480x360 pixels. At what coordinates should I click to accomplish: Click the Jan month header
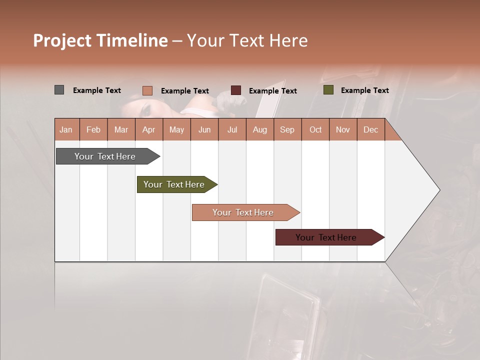(x=66, y=129)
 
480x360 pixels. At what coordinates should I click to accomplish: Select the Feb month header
(x=93, y=129)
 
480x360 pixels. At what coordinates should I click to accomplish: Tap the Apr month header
(x=148, y=129)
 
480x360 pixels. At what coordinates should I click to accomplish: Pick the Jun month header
(x=204, y=129)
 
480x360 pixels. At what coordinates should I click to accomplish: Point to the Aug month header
(x=259, y=129)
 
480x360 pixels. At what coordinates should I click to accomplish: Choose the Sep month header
(x=287, y=129)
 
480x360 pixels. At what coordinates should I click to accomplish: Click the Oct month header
(x=315, y=129)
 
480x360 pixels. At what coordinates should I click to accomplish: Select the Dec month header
(x=370, y=129)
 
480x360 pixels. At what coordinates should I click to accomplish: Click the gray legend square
(x=59, y=90)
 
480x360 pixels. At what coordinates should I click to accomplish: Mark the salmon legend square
(x=147, y=90)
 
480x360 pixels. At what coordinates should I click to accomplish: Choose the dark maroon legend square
(x=236, y=90)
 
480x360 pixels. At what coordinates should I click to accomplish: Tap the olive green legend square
(x=328, y=90)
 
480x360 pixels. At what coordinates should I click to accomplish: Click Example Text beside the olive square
(x=364, y=90)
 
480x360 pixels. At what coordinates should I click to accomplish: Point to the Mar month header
(x=121, y=129)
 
